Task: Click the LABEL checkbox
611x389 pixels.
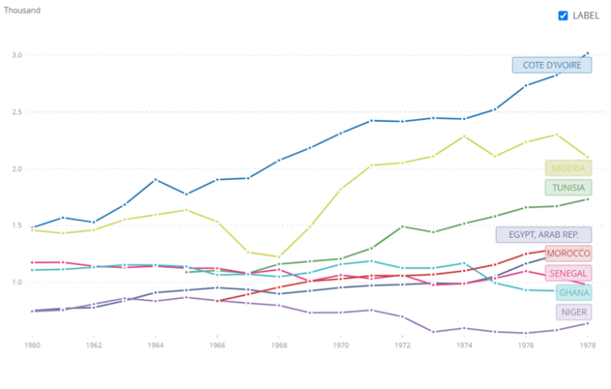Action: pyautogui.click(x=563, y=15)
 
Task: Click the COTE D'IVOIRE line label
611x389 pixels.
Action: pyautogui.click(x=551, y=65)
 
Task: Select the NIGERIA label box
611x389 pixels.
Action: pyautogui.click(x=568, y=168)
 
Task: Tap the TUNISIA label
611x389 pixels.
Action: pyautogui.click(x=568, y=187)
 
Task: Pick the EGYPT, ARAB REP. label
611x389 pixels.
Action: pyautogui.click(x=543, y=235)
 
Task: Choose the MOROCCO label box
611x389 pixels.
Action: pyautogui.click(x=568, y=253)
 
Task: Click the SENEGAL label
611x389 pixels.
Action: pyautogui.click(x=568, y=273)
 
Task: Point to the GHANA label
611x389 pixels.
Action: pyautogui.click(x=573, y=293)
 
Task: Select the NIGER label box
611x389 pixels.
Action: pyautogui.click(x=573, y=312)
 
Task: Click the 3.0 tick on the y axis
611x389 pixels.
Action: pyautogui.click(x=17, y=55)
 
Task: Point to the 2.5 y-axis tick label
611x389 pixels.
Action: pyautogui.click(x=17, y=112)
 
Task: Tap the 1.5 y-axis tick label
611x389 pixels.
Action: pyautogui.click(x=17, y=226)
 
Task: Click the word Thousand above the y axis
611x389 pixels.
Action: pyautogui.click(x=22, y=10)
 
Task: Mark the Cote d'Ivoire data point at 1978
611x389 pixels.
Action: pyautogui.click(x=587, y=53)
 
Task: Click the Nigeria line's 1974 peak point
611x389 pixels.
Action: pyautogui.click(x=463, y=136)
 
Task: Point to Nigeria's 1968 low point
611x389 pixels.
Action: pyautogui.click(x=279, y=256)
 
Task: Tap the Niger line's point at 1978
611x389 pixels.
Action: pyautogui.click(x=587, y=323)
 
